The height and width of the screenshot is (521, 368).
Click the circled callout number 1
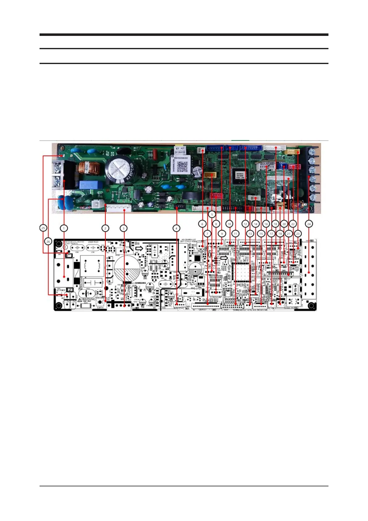click(64, 228)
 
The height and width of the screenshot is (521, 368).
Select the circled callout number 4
click(176, 228)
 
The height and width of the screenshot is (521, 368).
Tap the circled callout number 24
click(309, 224)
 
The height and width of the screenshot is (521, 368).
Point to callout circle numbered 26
click(48, 241)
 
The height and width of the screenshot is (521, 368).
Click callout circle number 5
click(212, 214)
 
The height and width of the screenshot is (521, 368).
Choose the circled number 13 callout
click(250, 234)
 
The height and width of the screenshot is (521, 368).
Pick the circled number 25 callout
click(43, 228)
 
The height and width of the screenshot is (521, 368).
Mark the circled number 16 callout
click(266, 224)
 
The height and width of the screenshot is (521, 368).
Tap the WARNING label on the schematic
click(89, 299)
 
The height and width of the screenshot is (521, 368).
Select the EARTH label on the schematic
click(100, 308)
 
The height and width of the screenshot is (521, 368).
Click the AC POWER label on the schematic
click(61, 290)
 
